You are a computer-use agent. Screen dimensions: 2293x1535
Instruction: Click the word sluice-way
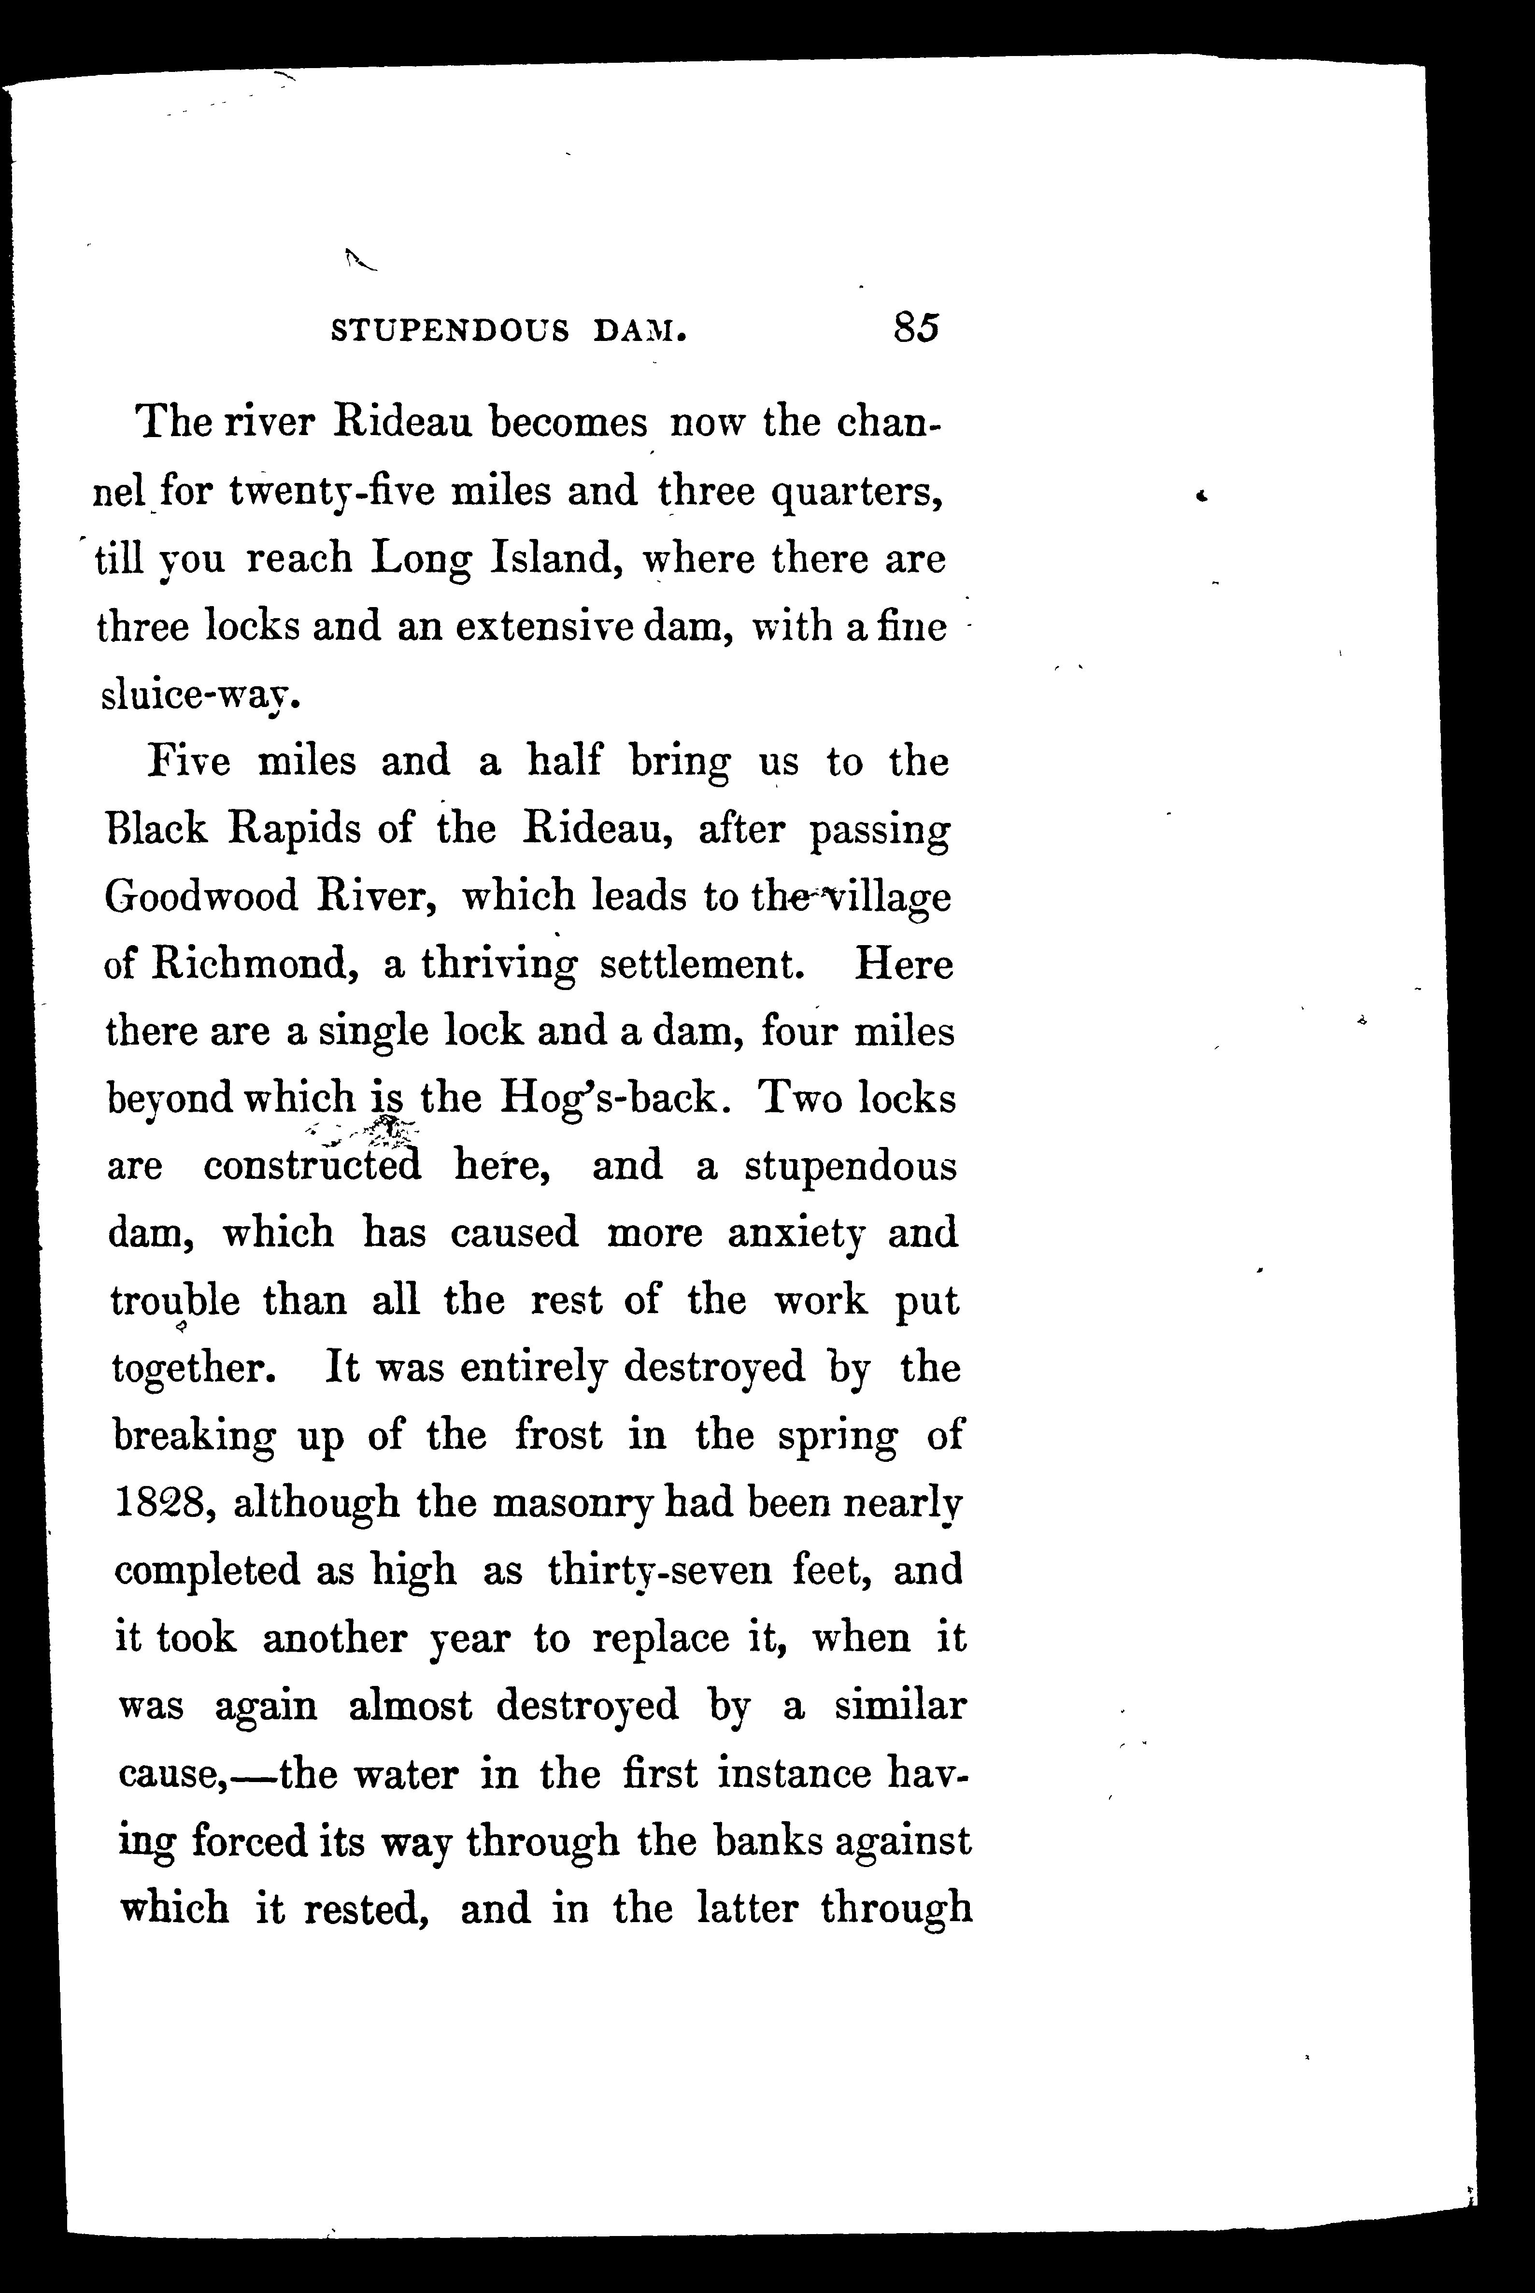(196, 697)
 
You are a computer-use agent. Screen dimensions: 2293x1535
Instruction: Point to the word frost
(563, 1436)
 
